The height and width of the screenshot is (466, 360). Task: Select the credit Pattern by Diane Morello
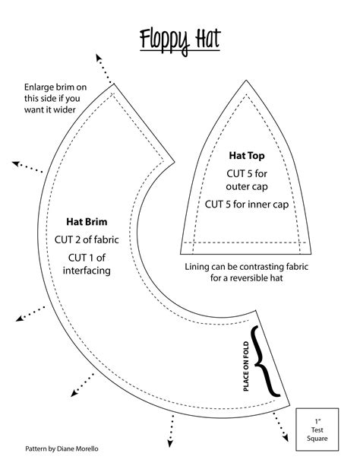(x=61, y=449)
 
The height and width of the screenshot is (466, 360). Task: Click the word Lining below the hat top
(x=200, y=268)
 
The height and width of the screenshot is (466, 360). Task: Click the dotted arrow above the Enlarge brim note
(x=106, y=66)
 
